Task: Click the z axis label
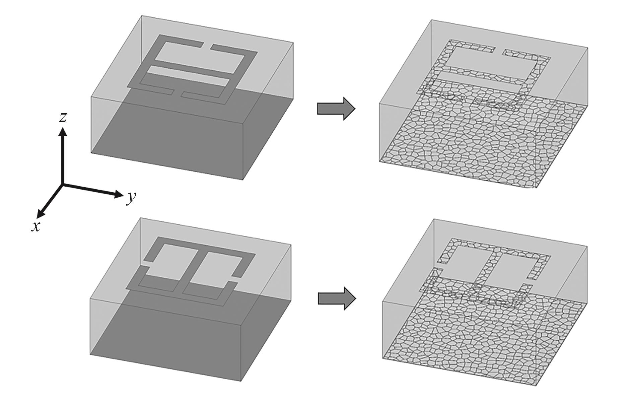click(63, 117)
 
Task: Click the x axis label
click(36, 227)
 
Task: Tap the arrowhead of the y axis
click(119, 194)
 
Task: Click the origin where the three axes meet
click(62, 184)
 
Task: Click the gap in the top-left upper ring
click(207, 46)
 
